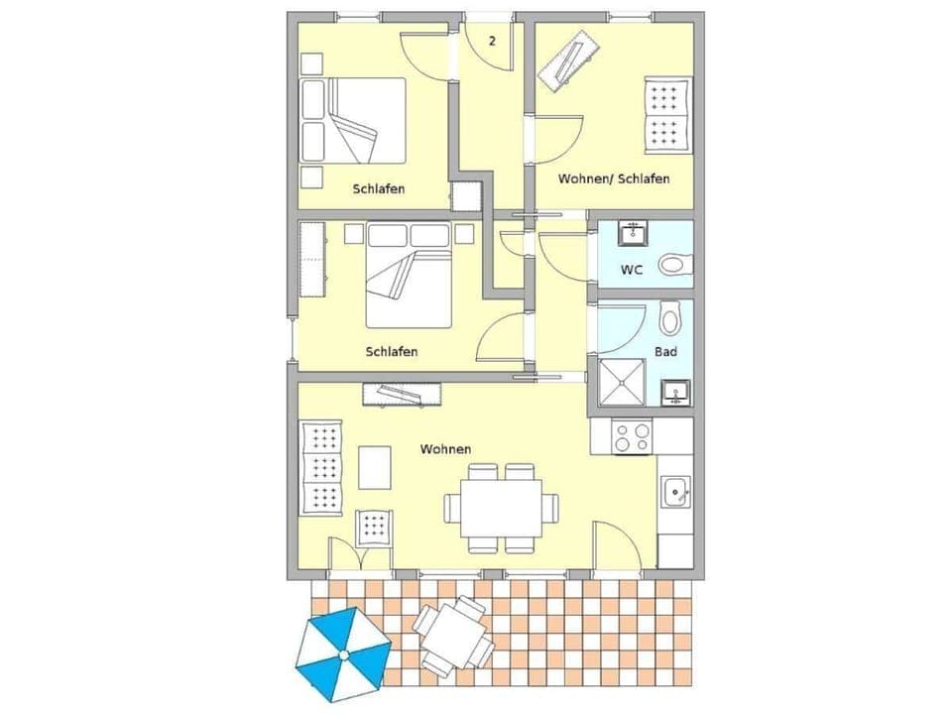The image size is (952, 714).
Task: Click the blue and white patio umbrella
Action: tap(342, 654)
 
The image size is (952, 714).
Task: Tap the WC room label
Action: tap(632, 269)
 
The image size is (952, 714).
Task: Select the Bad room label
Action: tap(665, 352)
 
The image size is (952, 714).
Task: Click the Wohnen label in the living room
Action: tap(445, 449)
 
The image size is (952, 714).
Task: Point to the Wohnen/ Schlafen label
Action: tap(613, 178)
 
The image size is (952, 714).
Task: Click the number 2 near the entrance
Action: tap(492, 41)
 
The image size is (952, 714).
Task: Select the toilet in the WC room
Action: tap(675, 264)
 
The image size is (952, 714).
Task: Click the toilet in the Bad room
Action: tap(669, 318)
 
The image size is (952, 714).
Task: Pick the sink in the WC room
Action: tap(633, 234)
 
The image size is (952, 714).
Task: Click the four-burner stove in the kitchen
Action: tap(633, 436)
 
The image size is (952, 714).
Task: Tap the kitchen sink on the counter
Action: tap(677, 490)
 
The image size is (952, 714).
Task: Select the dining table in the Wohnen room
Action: tap(493, 508)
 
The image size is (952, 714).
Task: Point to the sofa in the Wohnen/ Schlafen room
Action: tap(666, 114)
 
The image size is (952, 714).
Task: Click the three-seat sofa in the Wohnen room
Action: tap(320, 467)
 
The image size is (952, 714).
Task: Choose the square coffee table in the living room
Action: tap(375, 467)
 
